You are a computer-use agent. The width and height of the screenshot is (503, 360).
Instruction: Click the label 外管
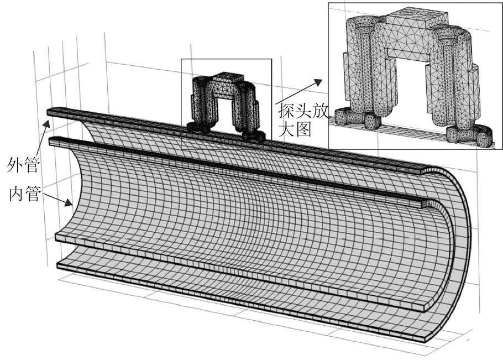coord(21,164)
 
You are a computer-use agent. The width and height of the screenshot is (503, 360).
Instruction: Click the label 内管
coord(24,194)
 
